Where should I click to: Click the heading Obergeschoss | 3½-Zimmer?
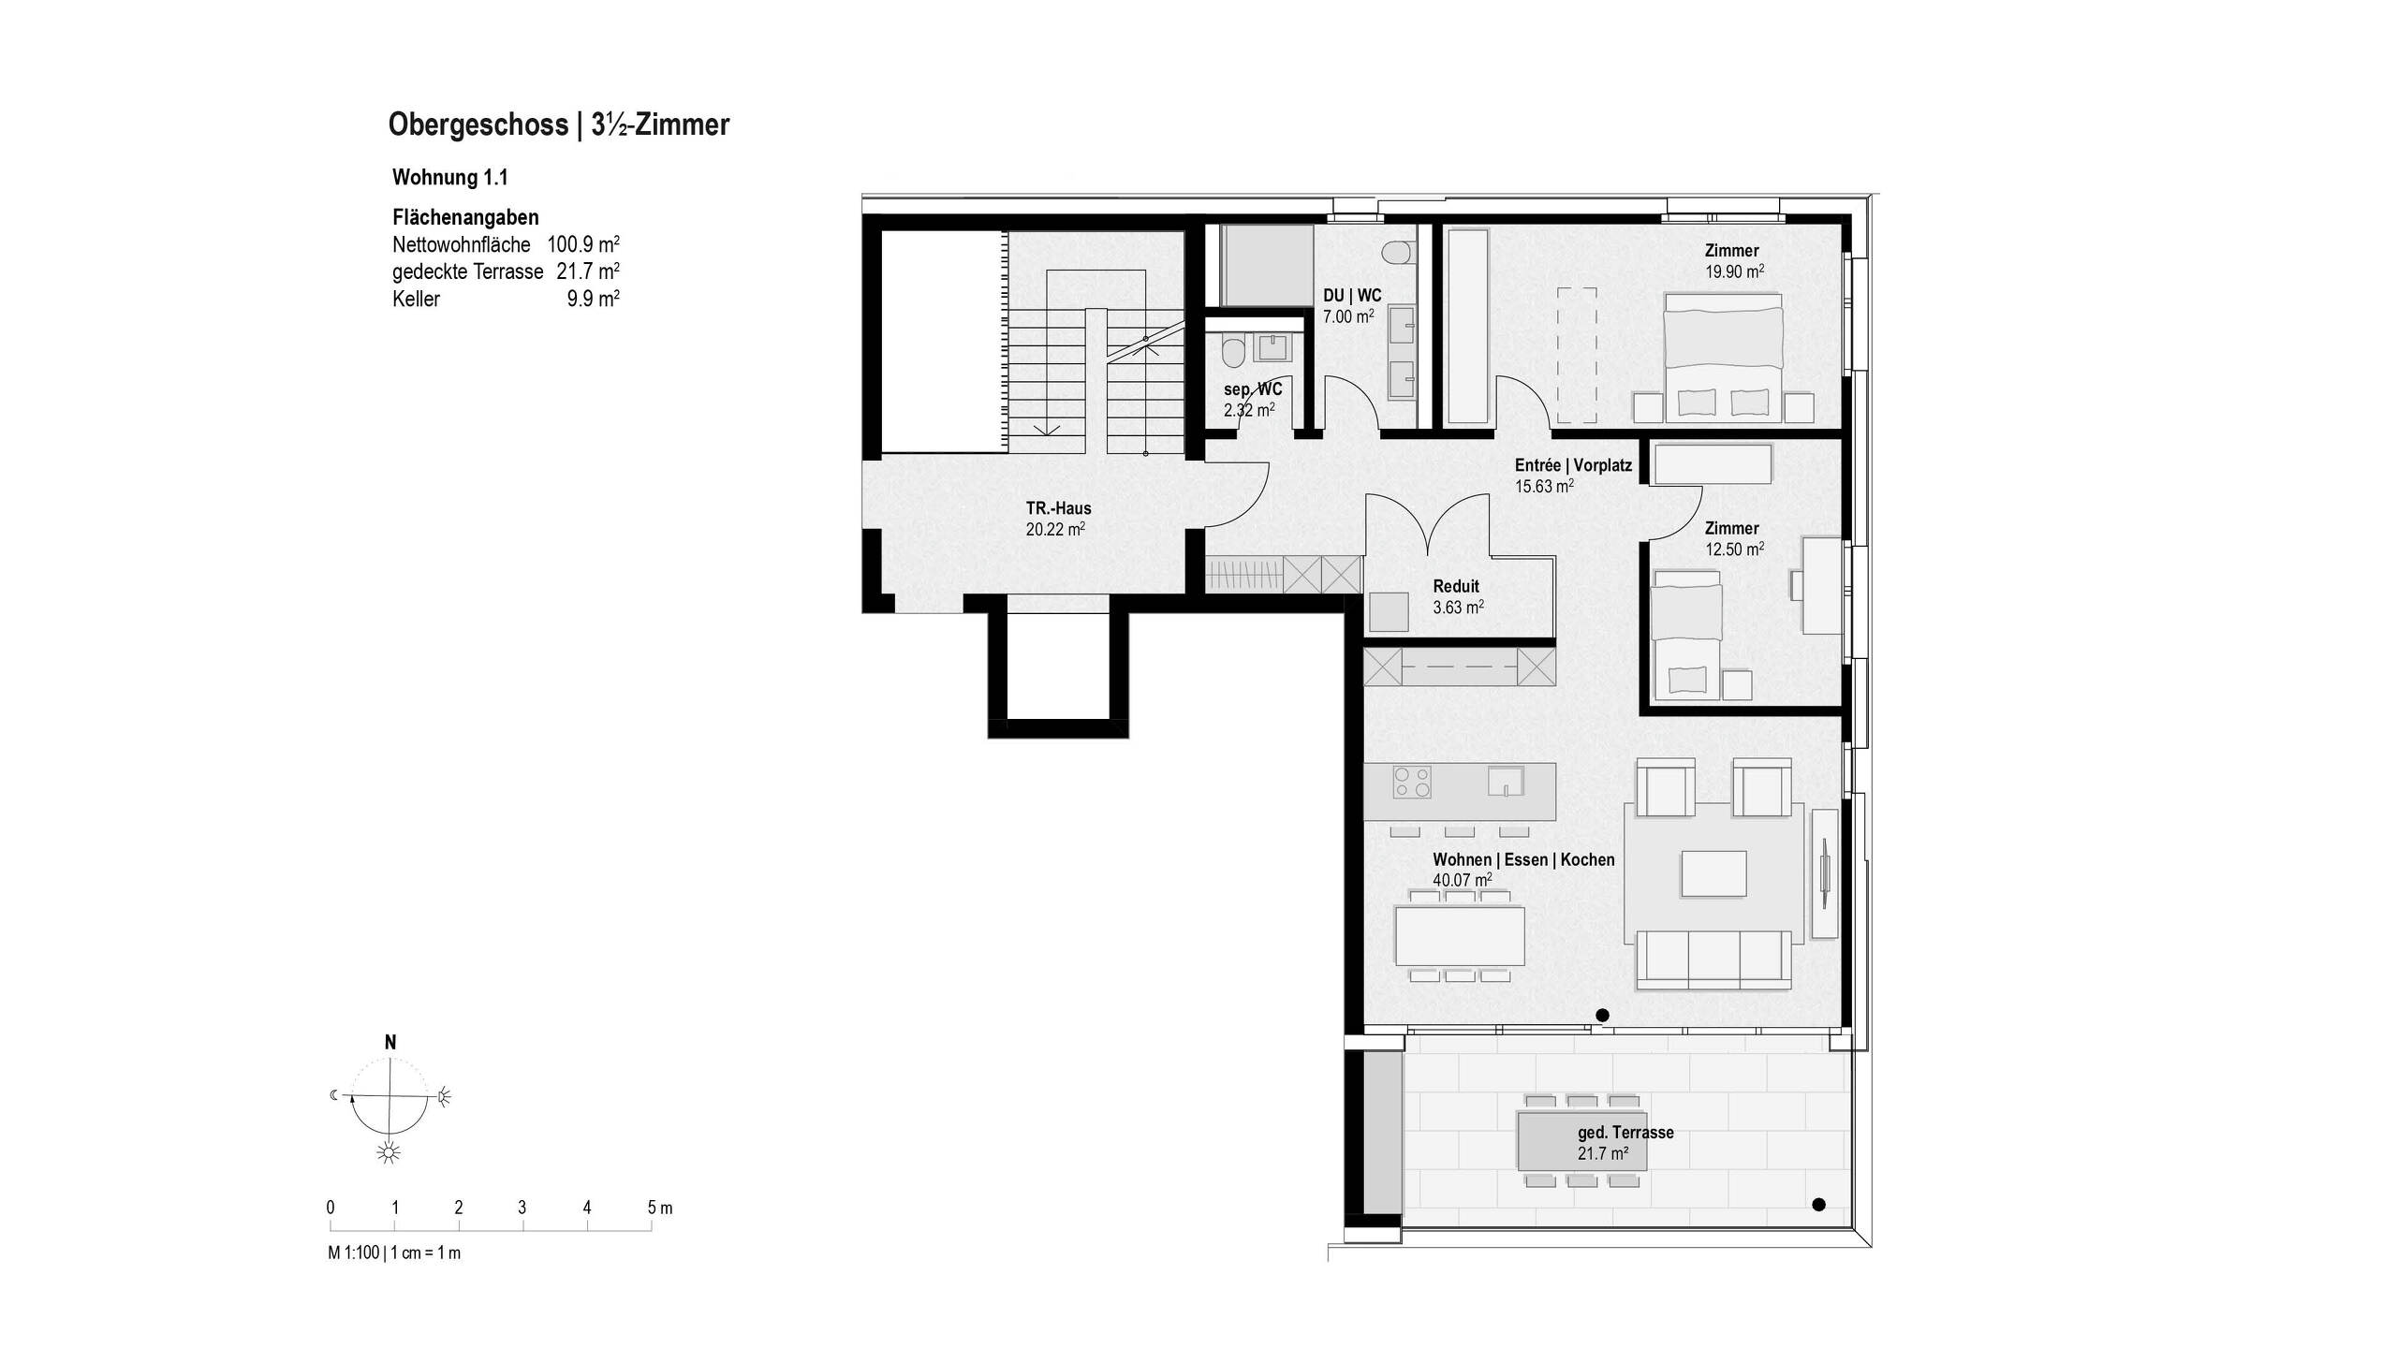click(558, 125)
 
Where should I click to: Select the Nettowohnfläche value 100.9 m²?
click(582, 245)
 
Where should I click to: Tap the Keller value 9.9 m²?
click(593, 300)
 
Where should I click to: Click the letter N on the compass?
click(390, 1043)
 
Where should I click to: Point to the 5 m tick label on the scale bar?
click(659, 1208)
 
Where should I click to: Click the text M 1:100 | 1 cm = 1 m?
click(394, 1253)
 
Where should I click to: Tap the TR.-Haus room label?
click(1058, 508)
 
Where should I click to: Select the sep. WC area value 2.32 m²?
click(1248, 410)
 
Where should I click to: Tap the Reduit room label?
click(1456, 586)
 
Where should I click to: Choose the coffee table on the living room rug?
click(1713, 873)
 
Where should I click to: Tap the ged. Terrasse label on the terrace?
click(1625, 1133)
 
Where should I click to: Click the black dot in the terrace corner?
click(1818, 1205)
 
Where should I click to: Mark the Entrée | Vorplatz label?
click(1573, 465)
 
